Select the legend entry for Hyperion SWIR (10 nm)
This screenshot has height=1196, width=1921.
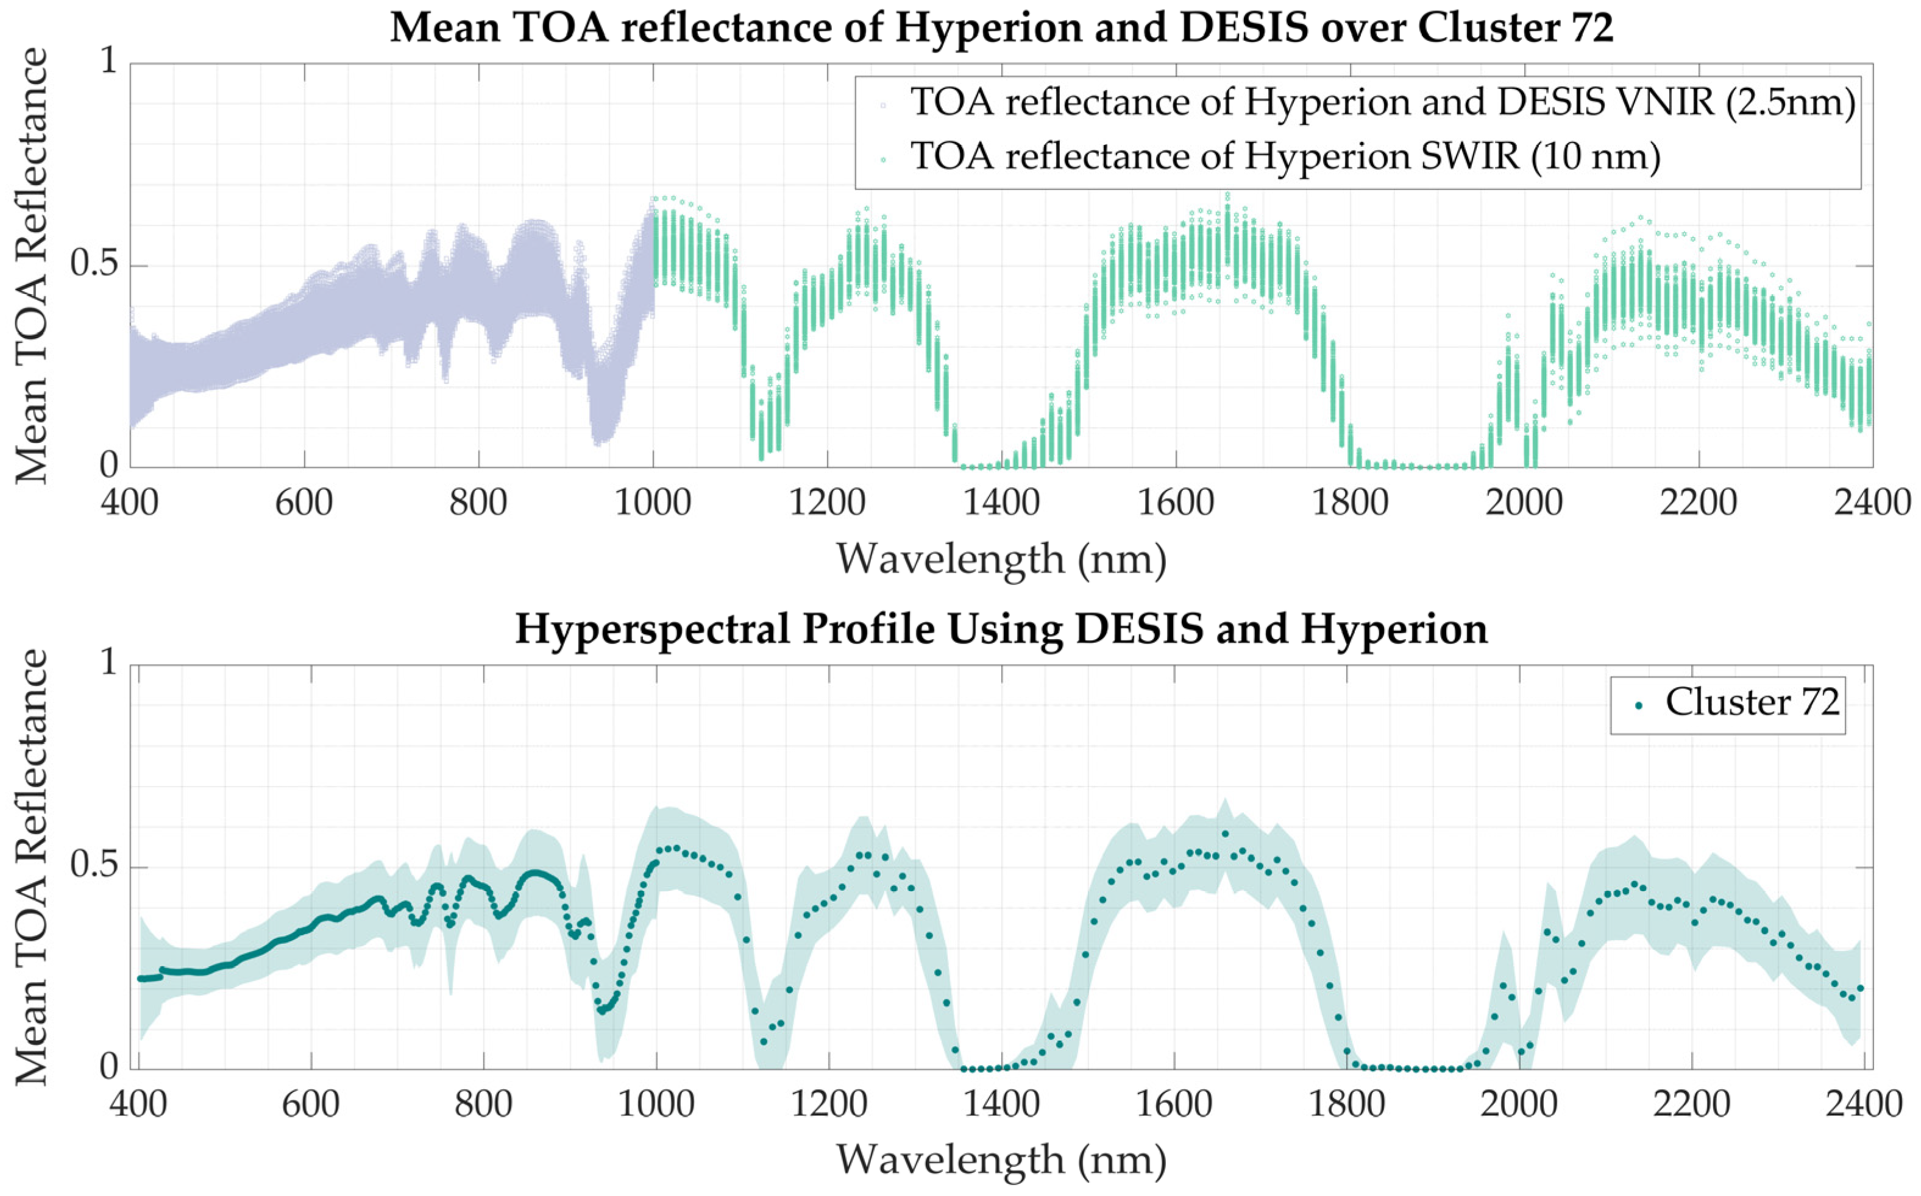[x=1286, y=156]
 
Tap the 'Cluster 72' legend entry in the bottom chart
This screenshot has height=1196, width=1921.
[x=1752, y=702]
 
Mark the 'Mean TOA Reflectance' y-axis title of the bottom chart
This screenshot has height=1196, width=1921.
[x=32, y=866]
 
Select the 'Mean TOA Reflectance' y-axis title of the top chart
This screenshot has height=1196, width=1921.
[x=32, y=265]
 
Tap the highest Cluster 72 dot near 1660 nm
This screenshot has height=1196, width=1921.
[x=1225, y=833]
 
